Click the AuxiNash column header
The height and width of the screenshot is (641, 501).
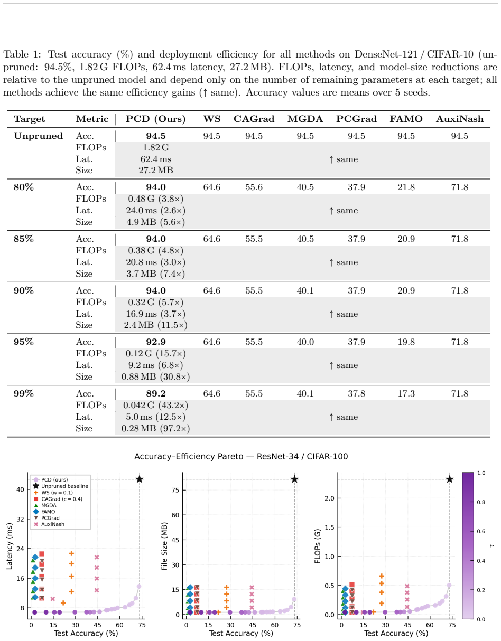(x=460, y=119)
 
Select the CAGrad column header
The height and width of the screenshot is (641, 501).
(x=254, y=119)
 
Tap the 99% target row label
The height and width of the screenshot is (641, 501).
(x=24, y=393)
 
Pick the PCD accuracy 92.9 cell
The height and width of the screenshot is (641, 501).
(x=156, y=342)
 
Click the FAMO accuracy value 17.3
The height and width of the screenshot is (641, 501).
(x=406, y=393)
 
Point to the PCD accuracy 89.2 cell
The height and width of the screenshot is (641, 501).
(x=156, y=393)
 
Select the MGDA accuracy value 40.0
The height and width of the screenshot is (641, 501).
(x=305, y=342)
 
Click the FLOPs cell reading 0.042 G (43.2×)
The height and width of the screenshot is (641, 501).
(x=155, y=406)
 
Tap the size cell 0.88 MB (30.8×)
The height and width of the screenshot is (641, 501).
(x=155, y=376)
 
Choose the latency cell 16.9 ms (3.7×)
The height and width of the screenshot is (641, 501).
(x=155, y=314)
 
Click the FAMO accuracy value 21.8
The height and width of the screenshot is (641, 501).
(x=406, y=187)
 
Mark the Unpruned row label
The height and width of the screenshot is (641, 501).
(x=39, y=136)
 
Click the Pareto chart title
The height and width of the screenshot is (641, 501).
(x=241, y=456)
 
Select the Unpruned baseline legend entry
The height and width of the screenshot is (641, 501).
(x=61, y=486)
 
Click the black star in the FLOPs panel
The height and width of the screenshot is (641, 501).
(x=450, y=479)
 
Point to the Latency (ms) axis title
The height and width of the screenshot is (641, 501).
(x=10, y=546)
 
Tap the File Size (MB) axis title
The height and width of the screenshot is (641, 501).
(x=164, y=546)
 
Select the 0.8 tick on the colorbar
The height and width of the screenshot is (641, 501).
(x=481, y=502)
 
